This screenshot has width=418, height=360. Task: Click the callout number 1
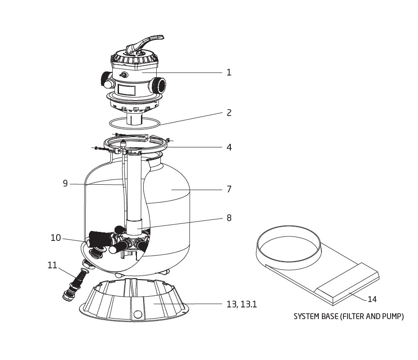(229, 72)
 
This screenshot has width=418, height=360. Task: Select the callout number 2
(229, 113)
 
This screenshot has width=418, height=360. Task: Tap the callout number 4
(229, 147)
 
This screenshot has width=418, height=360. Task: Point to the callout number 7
(229, 189)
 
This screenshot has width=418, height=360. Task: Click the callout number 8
(229, 218)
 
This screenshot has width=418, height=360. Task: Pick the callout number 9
(65, 183)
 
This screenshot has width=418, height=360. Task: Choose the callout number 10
(56, 237)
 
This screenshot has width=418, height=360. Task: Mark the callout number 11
(52, 265)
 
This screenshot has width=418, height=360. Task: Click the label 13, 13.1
(242, 304)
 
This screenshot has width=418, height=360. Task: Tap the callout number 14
(372, 299)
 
